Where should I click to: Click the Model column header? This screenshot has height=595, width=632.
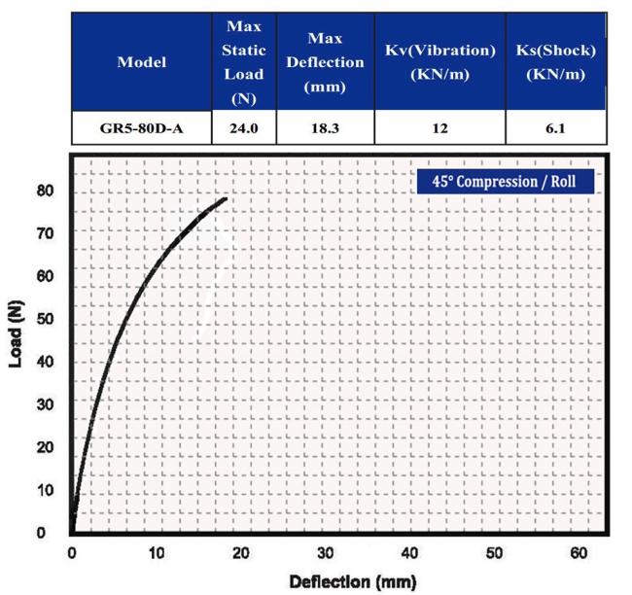click(141, 61)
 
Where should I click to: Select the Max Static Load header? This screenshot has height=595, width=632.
click(243, 61)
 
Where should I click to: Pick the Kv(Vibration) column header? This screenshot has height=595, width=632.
click(439, 61)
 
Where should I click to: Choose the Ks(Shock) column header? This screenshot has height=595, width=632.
click(555, 61)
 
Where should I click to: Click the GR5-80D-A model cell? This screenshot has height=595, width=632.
click(141, 127)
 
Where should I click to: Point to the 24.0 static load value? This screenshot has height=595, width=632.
click(243, 127)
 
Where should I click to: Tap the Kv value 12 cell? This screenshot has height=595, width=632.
click(439, 127)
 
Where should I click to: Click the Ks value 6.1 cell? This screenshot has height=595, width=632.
click(555, 127)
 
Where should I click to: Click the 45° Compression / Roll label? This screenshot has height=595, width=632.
click(504, 181)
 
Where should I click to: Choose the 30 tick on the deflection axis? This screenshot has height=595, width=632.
click(326, 552)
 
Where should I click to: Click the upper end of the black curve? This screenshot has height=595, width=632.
click(226, 199)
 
